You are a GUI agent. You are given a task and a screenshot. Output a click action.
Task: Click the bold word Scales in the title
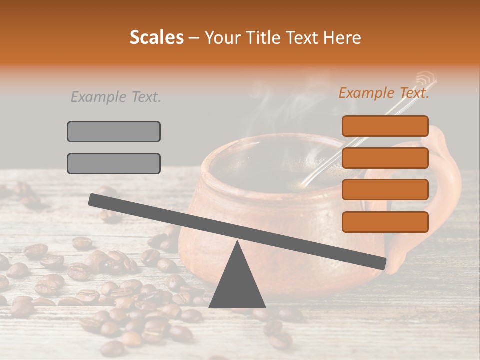click(x=156, y=37)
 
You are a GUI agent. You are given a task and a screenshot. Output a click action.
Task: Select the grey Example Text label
click(x=116, y=97)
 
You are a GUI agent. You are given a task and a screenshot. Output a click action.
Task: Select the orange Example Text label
click(x=384, y=93)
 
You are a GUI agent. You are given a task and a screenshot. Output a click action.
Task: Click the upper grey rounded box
click(x=114, y=131)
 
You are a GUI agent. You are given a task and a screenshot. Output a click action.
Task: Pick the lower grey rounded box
click(x=114, y=163)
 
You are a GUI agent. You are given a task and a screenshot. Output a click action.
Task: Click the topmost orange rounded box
click(x=385, y=126)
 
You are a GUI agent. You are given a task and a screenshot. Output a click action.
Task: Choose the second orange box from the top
click(x=385, y=158)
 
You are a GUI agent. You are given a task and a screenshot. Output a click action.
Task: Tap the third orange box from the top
click(x=385, y=190)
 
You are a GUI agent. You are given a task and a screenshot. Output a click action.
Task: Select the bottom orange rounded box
click(x=385, y=222)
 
